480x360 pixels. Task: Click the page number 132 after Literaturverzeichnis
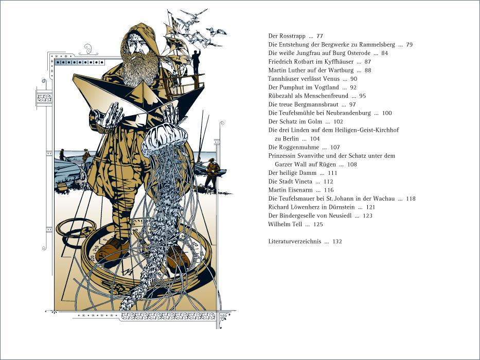coord(337,242)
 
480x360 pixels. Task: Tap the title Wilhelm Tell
coord(285,224)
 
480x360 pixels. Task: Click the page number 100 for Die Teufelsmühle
coord(387,113)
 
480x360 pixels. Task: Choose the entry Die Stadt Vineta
coord(290,182)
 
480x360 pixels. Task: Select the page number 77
coord(319,36)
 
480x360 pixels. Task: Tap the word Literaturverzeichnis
coord(294,242)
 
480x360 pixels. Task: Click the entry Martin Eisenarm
coord(291,190)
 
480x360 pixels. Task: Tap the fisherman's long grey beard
coord(140,69)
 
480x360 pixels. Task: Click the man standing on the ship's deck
coord(196,62)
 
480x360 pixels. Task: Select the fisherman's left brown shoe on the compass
coord(112,250)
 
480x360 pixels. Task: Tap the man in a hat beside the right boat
coord(212,173)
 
